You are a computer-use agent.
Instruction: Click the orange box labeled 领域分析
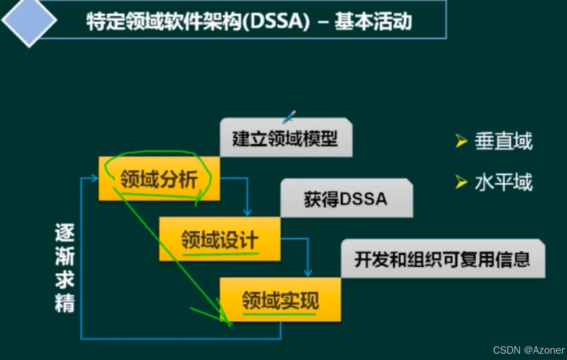(159, 178)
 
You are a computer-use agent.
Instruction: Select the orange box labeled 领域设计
(219, 239)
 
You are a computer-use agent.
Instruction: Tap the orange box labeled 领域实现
(280, 299)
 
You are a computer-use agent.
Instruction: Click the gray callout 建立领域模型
(286, 138)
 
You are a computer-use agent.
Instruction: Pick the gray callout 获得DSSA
(346, 199)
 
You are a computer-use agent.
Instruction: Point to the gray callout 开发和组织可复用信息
(442, 259)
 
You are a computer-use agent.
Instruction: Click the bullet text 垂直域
(503, 142)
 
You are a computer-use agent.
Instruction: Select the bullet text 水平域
(503, 182)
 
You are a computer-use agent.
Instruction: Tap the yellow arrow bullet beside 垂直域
(461, 142)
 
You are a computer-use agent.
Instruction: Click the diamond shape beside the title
(29, 20)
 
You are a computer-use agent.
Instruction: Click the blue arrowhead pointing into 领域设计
(247, 213)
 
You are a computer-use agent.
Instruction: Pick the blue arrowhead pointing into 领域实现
(308, 273)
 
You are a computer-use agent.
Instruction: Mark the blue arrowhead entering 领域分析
(94, 178)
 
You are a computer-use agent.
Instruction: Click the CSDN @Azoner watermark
(529, 350)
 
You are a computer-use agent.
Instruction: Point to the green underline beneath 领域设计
(220, 254)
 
